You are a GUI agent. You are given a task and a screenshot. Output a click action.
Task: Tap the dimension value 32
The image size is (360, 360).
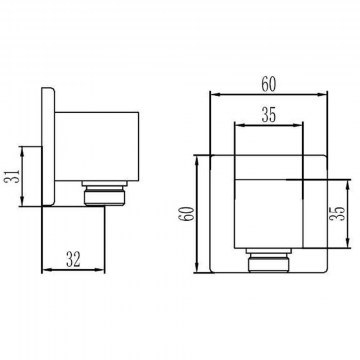click(x=73, y=259)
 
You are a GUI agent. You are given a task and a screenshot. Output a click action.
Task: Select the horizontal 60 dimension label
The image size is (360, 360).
click(x=269, y=84)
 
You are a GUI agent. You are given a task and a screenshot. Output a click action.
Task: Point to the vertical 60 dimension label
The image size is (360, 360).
click(x=187, y=214)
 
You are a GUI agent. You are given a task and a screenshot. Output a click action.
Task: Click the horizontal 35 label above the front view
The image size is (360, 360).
click(x=269, y=115)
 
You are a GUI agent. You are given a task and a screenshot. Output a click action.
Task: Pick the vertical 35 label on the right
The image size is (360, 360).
click(x=339, y=214)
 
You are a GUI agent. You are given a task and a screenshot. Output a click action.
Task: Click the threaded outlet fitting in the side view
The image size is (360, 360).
click(x=105, y=193)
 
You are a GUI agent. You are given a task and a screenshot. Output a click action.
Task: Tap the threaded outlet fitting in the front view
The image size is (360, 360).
click(x=269, y=260)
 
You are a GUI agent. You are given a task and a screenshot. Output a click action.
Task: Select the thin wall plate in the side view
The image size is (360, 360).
click(x=48, y=147)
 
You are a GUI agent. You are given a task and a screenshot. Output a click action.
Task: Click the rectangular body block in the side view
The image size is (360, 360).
click(x=97, y=147)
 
